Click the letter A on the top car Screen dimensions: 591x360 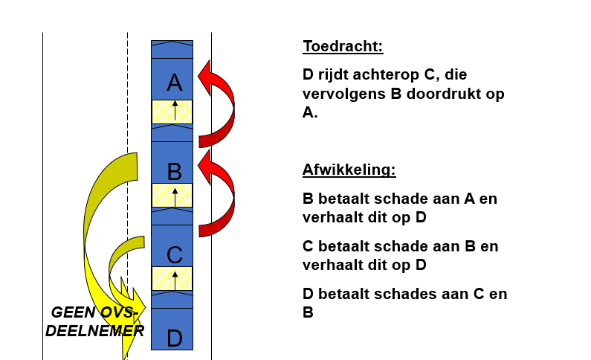(x=175, y=83)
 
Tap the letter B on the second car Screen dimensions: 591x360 (x=175, y=172)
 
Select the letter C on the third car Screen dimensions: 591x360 (x=175, y=255)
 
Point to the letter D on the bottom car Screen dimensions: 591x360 (x=175, y=338)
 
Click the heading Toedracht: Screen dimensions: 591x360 (x=343, y=46)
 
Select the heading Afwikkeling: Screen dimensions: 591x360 (x=349, y=170)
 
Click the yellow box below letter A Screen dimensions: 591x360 (x=172, y=112)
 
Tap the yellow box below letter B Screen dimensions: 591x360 (x=172, y=196)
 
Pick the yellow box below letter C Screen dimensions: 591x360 (x=172, y=279)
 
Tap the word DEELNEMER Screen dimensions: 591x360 (x=94, y=331)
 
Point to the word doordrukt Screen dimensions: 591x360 (x=442, y=94)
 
